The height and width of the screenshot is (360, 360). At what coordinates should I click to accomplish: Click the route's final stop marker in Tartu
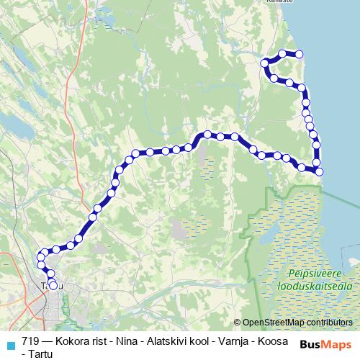tap(53, 285)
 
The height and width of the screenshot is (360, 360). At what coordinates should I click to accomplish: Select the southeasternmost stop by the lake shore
tap(319, 171)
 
